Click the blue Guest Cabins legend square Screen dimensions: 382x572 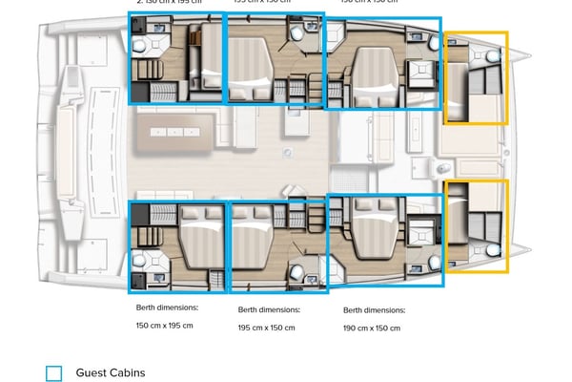click(54, 373)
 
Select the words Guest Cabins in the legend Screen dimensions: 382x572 click(110, 372)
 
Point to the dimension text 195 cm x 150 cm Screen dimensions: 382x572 click(266, 327)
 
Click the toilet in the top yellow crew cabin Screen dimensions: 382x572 click(492, 57)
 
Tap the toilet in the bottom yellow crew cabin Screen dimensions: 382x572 click(492, 249)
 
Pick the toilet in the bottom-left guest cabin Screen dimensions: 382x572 click(140, 260)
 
